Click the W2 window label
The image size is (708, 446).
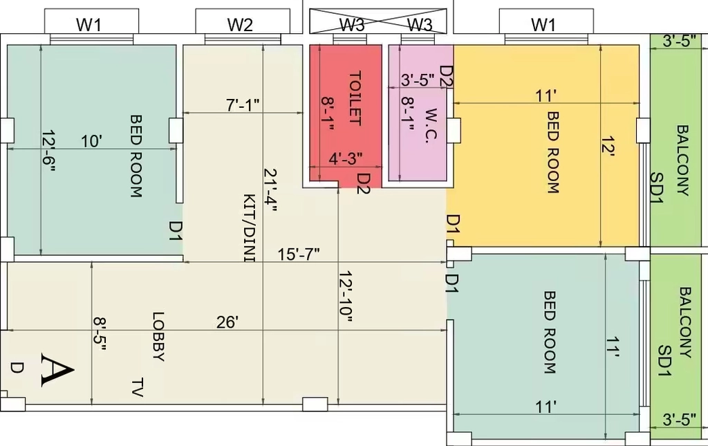240,24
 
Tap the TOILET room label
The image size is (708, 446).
355,98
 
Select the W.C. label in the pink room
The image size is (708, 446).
432,125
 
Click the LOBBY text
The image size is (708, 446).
158,336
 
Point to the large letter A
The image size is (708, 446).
57,370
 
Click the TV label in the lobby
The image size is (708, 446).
138,388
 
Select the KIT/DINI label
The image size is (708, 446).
249,228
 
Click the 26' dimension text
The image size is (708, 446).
227,322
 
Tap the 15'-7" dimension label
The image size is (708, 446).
299,254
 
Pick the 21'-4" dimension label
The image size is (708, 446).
270,190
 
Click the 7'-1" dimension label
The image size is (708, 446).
243,105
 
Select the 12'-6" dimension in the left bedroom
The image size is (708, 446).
48,151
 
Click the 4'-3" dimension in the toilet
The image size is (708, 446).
346,159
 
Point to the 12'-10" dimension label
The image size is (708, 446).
346,297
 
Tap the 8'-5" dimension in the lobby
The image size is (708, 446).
100,334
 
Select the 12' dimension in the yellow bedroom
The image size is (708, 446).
608,147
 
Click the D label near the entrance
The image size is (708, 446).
17,368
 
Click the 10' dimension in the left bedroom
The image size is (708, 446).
92,141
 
